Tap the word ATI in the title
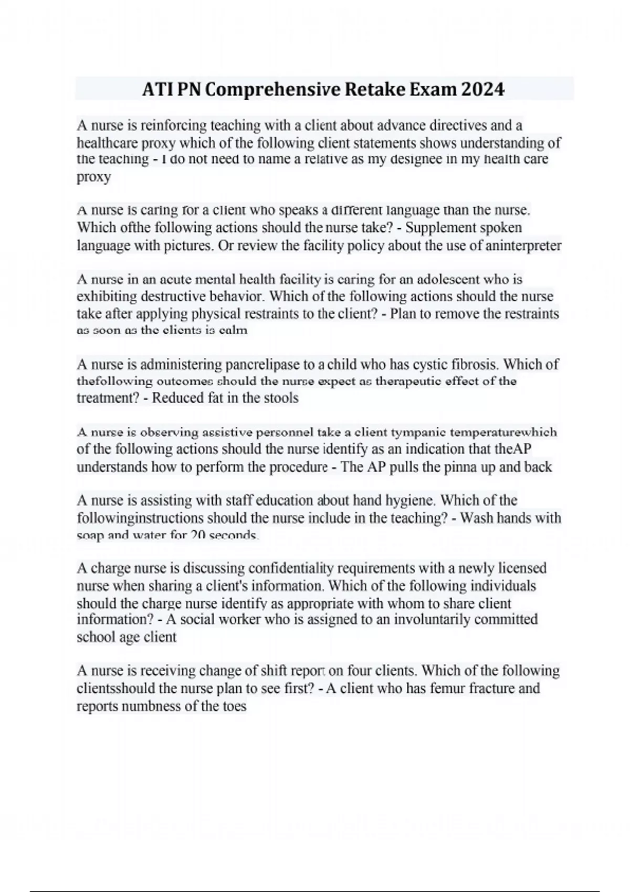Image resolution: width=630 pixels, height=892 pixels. pos(157,90)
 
